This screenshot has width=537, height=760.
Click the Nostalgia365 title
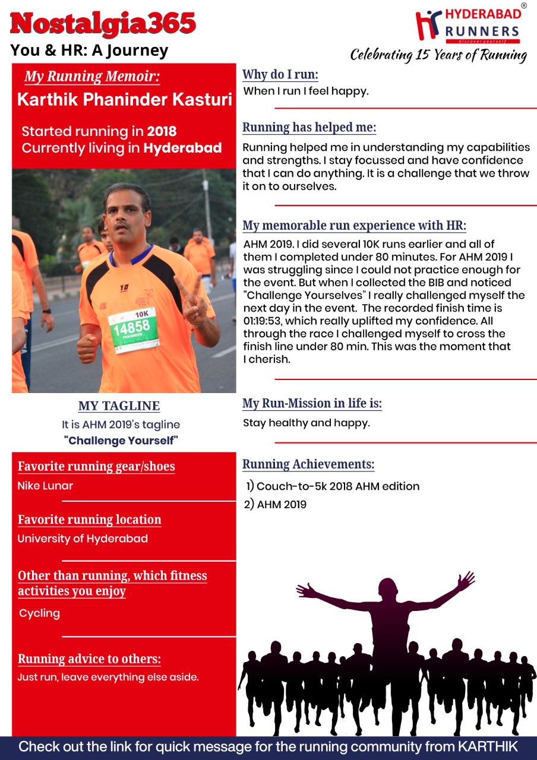[103, 24]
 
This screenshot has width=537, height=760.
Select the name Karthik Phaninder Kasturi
[125, 99]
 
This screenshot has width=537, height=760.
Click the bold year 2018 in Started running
[162, 131]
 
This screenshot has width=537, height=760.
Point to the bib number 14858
[132, 328]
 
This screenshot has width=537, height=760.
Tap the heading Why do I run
[280, 75]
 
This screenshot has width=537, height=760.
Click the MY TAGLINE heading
[119, 406]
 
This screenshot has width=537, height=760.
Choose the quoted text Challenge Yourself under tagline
[121, 441]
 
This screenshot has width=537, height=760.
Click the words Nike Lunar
[45, 486]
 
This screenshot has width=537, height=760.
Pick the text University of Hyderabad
[83, 539]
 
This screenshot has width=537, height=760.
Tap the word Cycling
[39, 613]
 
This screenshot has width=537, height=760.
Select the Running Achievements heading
[308, 464]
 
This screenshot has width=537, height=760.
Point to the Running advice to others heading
[89, 659]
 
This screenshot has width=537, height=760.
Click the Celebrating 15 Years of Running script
[438, 55]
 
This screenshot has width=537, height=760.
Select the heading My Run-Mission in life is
[312, 404]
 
